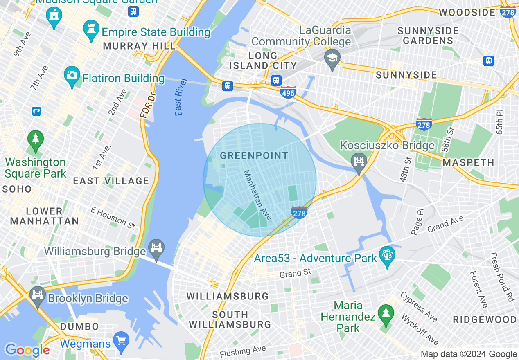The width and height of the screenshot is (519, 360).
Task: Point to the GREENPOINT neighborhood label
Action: [254, 155]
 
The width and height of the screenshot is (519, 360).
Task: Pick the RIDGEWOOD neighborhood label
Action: [485, 319]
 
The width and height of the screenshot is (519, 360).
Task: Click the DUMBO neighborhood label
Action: [79, 326]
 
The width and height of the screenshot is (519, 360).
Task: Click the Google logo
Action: [27, 350]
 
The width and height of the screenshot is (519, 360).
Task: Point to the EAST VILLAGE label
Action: [111, 181]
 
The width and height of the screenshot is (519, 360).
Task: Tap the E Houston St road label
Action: [113, 217]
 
